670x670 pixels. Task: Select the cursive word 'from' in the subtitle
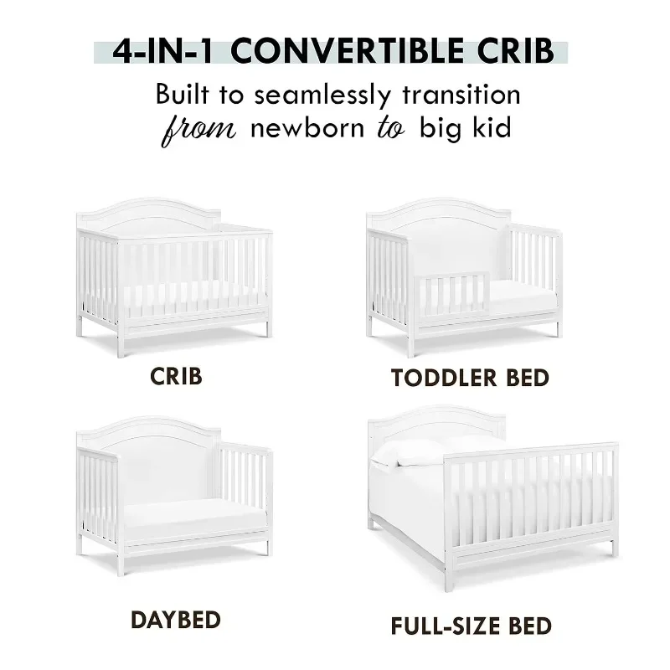tap(198, 132)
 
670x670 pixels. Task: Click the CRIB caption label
tap(176, 375)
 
